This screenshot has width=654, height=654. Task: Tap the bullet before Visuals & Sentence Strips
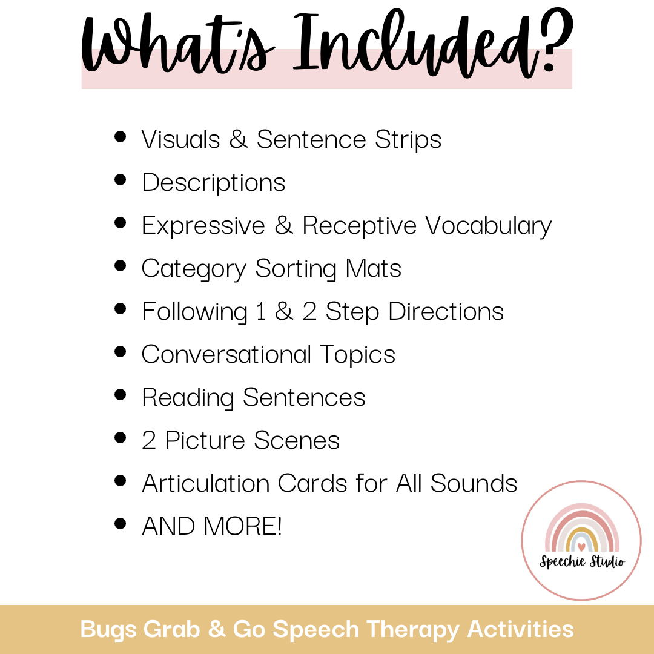click(x=120, y=137)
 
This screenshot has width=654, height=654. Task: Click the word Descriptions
click(x=213, y=182)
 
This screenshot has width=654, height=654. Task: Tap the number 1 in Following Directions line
click(x=260, y=312)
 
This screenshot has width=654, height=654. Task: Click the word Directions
click(x=446, y=312)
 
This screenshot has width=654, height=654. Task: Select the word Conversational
click(x=226, y=354)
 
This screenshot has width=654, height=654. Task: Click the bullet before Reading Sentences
click(x=120, y=395)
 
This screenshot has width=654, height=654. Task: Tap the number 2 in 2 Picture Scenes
click(x=149, y=441)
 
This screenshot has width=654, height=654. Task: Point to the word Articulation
click(x=205, y=483)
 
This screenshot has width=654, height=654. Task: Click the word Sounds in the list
click(x=474, y=483)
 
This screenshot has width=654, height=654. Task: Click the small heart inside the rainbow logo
click(x=581, y=547)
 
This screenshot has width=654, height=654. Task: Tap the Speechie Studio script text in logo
click(x=581, y=561)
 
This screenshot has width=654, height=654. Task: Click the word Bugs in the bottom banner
click(x=110, y=629)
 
